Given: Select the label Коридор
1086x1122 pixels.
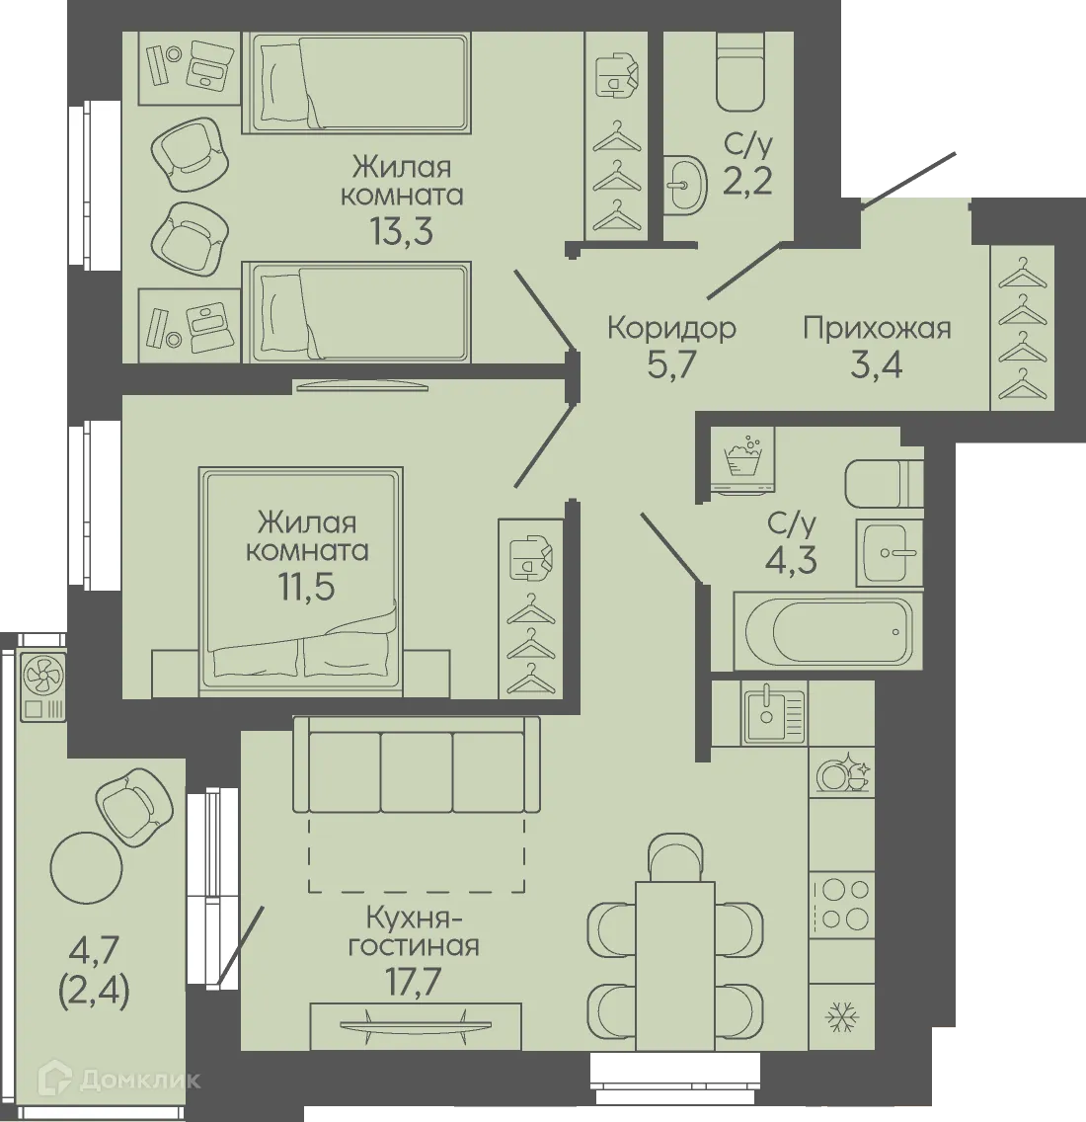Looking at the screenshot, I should point(671,327).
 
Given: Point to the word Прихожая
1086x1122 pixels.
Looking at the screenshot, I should point(877,327).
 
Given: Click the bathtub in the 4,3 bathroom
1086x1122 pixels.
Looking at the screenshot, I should point(827,633).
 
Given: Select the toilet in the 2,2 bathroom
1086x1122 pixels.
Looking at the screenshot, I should point(741,73).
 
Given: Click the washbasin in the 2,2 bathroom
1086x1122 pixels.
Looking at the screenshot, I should point(682,184).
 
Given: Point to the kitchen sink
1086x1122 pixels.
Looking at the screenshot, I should point(775,712).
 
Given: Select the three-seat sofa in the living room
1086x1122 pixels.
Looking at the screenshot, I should point(417,765).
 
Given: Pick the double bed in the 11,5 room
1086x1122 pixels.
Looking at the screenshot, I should point(301,573).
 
